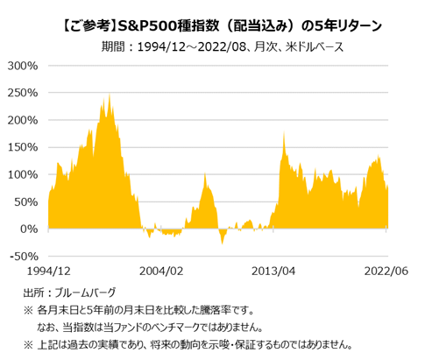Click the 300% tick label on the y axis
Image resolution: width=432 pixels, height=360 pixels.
tap(25, 66)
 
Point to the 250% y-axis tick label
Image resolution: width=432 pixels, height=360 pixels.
tap(25, 93)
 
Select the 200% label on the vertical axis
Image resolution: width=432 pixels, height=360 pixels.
tap(25, 120)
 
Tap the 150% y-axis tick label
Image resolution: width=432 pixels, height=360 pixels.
tap(25, 147)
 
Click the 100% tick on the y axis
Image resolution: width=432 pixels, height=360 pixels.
tap(25, 174)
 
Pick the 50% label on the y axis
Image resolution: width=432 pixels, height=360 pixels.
tap(27, 201)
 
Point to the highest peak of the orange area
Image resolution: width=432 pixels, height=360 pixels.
tap(110, 95)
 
